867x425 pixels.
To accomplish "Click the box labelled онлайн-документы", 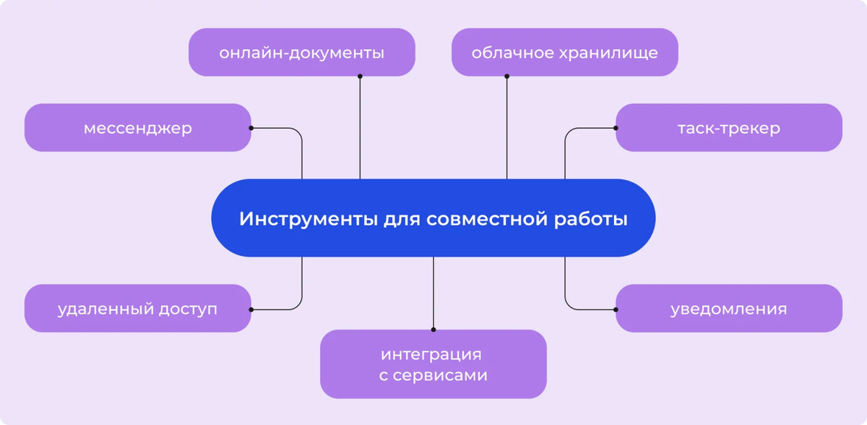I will click(301, 52).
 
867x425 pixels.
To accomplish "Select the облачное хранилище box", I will click(564, 52).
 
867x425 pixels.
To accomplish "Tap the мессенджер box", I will click(137, 128).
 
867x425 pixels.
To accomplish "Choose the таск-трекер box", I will click(728, 128).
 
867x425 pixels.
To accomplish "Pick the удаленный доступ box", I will click(137, 309).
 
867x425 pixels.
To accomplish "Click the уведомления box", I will click(728, 309).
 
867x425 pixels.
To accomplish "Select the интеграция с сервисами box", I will click(433, 364).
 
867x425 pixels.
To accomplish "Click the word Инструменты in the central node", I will click(306, 219).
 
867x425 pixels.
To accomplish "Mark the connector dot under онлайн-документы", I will click(360, 76).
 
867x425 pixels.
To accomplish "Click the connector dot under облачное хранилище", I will click(506, 76).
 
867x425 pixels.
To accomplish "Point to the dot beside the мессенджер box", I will click(251, 128).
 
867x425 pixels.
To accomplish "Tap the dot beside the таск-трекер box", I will click(616, 128).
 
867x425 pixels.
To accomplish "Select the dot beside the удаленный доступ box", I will click(251, 309).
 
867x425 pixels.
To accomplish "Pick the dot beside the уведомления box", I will click(616, 309).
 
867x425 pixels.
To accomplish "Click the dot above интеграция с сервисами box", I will click(433, 330).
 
